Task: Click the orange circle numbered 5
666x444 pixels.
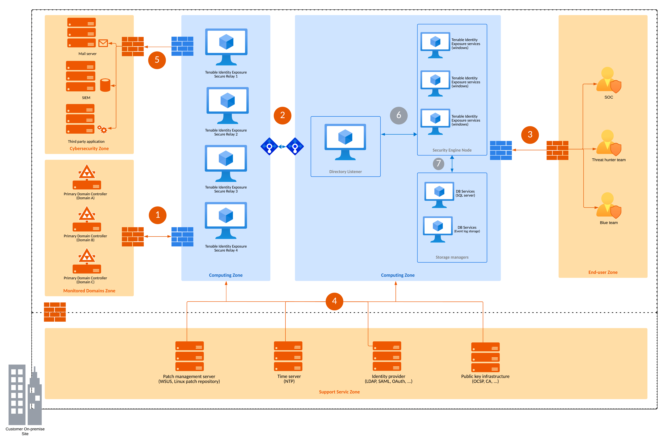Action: click(157, 60)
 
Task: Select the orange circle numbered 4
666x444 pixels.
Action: click(334, 301)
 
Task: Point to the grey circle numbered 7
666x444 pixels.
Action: click(438, 164)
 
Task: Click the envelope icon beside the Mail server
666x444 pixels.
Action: click(103, 43)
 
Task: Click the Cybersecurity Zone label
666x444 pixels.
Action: click(89, 149)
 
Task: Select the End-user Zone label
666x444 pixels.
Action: click(603, 272)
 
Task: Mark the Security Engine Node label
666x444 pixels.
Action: click(452, 150)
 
